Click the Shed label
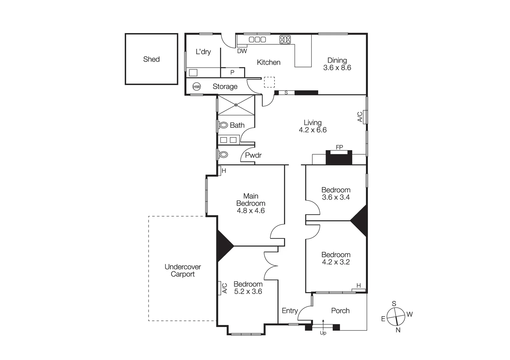tap(151, 59)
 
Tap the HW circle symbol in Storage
tap(197, 87)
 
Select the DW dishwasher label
tap(242, 51)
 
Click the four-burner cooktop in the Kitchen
tap(285, 40)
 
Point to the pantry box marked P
tap(232, 72)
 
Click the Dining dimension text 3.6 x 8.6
tap(337, 68)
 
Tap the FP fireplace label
tap(339, 147)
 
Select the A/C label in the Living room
tap(360, 117)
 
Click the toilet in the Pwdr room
tap(223, 155)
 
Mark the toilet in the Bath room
tap(223, 125)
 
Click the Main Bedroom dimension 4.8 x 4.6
tap(250, 211)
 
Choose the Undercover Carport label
tap(182, 270)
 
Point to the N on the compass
tap(398, 330)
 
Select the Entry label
tap(290, 311)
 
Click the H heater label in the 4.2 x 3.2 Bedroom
tap(359, 286)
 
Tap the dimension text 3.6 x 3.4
tap(336, 197)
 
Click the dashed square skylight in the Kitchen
tap(269, 82)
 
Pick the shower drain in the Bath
tap(236, 105)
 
